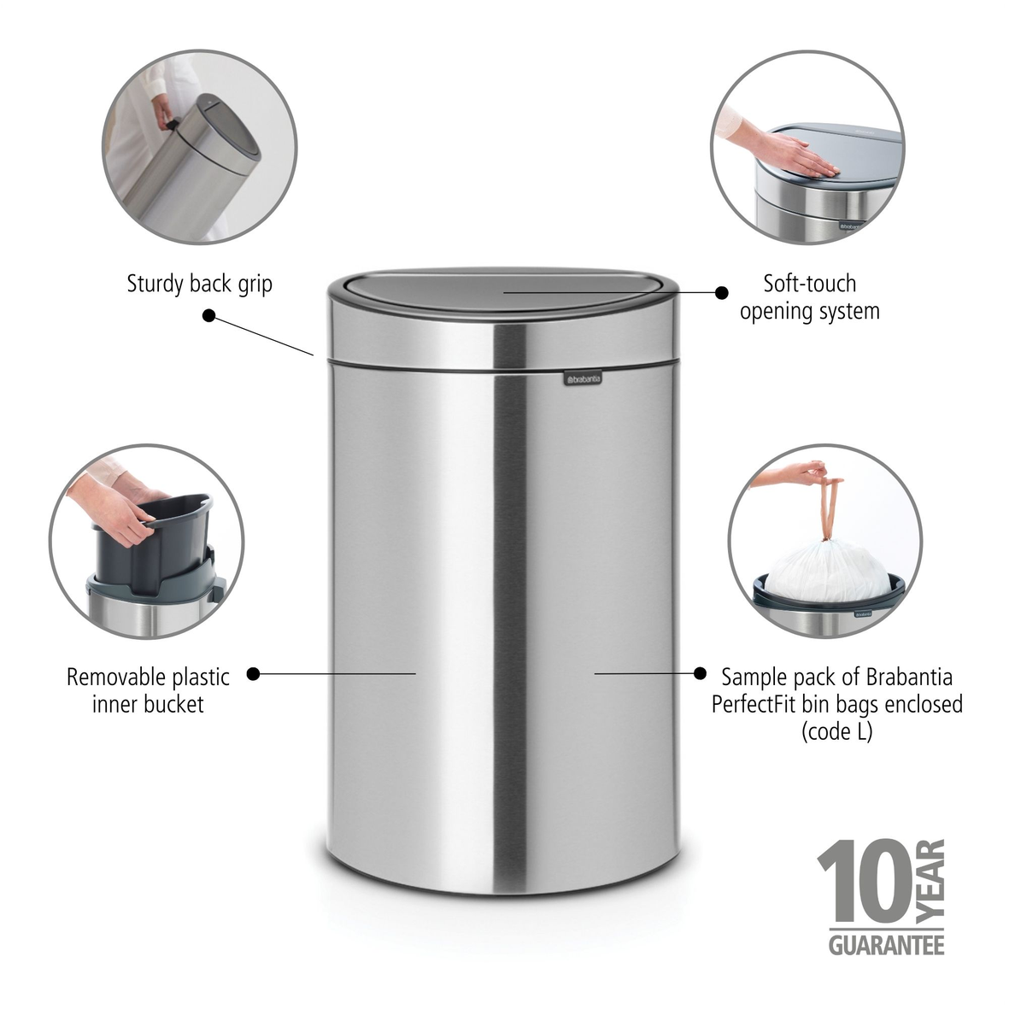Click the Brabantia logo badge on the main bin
[x=582, y=378]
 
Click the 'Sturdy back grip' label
[x=200, y=284]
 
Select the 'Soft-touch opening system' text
[x=809, y=296]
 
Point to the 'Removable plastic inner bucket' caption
[x=148, y=690]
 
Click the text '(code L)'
[x=836, y=731]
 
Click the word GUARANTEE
[x=886, y=945]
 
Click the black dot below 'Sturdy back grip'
[x=208, y=315]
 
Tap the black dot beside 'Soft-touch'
[x=721, y=292]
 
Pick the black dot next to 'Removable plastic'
[x=253, y=674]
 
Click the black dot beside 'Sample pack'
[x=701, y=673]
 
